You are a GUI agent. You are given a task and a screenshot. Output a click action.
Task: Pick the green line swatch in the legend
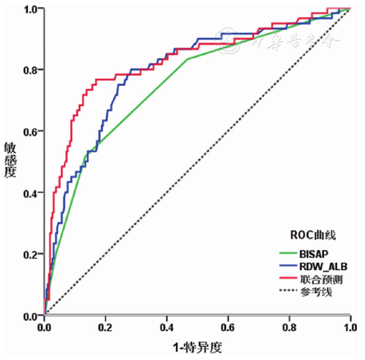(289, 254)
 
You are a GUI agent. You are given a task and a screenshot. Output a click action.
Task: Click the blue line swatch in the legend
(289, 266)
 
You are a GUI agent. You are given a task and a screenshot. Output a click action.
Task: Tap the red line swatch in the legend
(289, 279)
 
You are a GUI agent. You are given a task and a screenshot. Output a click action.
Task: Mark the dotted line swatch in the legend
(289, 291)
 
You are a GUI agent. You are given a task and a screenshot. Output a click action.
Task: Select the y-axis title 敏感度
(10, 159)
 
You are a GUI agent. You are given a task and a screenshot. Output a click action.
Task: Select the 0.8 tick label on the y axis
(31, 70)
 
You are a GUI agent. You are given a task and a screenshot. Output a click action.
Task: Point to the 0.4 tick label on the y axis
(31, 193)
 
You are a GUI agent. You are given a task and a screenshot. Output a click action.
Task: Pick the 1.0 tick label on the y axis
(31, 8)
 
